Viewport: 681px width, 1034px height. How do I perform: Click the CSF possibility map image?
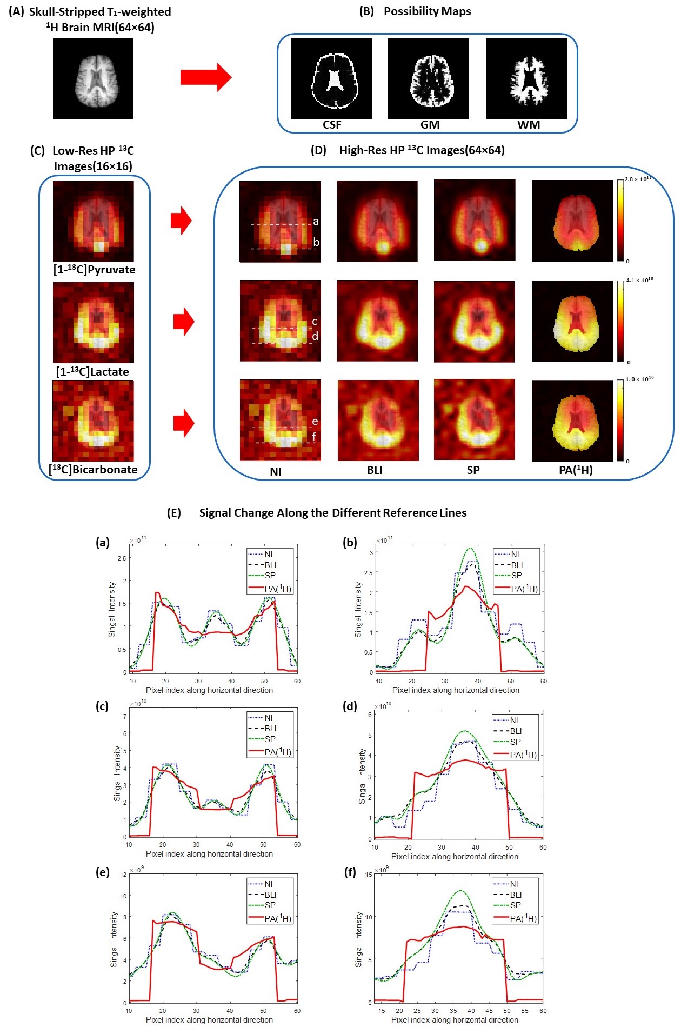(331, 78)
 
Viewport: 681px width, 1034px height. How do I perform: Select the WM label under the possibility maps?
(528, 125)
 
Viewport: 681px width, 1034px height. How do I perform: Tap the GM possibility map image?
(428, 78)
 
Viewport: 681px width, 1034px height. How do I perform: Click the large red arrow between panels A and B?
(205, 77)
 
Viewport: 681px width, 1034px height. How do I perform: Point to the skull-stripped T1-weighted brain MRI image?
(93, 79)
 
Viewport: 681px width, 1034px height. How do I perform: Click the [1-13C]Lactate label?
(92, 372)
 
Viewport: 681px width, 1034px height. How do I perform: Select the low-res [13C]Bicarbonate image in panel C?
(93, 421)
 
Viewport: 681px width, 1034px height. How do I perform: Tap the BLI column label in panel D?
(375, 470)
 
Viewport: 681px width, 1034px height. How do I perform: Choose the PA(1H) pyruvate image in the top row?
(572, 221)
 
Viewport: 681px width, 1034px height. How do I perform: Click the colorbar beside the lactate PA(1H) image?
(620, 321)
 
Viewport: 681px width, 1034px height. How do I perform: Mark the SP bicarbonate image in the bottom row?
(474, 420)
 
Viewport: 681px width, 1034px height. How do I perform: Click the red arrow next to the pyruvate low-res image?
(181, 221)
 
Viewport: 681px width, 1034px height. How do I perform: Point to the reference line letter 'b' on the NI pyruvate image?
(316, 242)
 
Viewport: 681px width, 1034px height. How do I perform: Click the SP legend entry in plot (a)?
(270, 576)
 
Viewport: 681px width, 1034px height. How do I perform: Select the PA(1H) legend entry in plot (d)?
(523, 755)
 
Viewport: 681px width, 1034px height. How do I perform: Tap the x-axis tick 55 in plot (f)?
(525, 1010)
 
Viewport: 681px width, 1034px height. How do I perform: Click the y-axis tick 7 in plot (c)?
(125, 717)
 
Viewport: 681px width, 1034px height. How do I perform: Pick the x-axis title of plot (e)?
(209, 1020)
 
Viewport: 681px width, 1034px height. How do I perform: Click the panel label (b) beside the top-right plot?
(350, 543)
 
